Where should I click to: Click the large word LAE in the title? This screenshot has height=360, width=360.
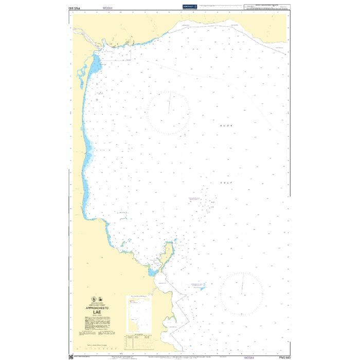pyautogui.click(x=97, y=311)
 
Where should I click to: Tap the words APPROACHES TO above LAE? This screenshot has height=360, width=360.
pyautogui.click(x=97, y=305)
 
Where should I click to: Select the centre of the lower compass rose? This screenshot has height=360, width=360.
pyautogui.click(x=241, y=294)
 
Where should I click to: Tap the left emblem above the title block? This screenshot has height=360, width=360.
pyautogui.click(x=93, y=298)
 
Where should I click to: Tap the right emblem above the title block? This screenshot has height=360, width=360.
pyautogui.click(x=101, y=298)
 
